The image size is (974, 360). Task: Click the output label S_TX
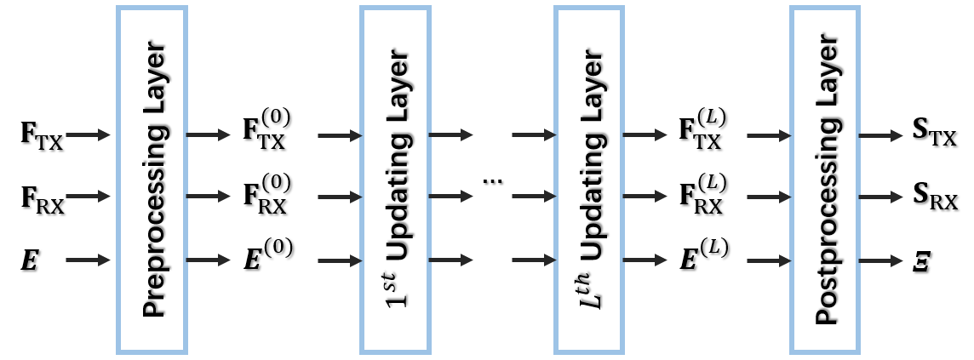(933, 136)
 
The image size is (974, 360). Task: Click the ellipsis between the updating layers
(491, 181)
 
